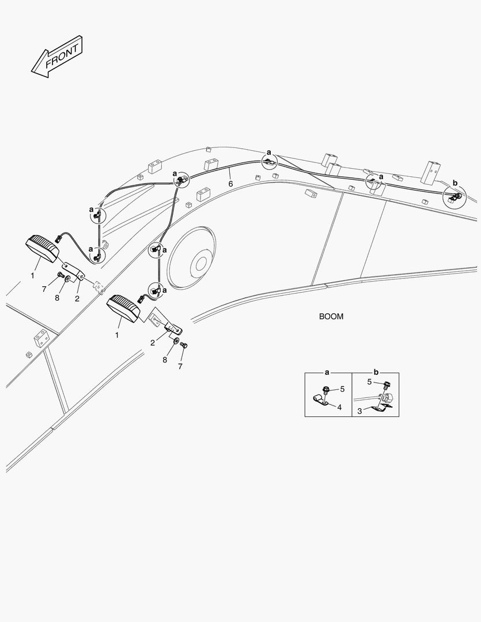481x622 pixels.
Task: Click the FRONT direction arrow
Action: pos(57,56)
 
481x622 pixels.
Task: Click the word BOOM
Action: pos(331,317)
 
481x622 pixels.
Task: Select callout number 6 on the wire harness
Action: pos(230,184)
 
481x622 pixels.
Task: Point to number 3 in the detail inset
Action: pos(359,411)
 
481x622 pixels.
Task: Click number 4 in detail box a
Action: pos(339,407)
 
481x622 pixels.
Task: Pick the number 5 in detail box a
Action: pos(342,389)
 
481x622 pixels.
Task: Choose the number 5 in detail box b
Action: pos(369,382)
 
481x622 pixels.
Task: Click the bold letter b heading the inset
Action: pos(376,373)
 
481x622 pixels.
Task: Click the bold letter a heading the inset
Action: pos(327,373)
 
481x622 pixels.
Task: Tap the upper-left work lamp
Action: pos(42,248)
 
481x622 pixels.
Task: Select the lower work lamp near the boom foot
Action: pos(123,308)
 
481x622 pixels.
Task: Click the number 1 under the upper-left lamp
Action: pos(32,275)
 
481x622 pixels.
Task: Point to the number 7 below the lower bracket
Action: pos(180,366)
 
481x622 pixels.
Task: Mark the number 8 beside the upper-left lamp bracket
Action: pos(57,298)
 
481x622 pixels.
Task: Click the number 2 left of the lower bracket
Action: pos(153,343)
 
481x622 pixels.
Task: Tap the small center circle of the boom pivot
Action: pos(201,263)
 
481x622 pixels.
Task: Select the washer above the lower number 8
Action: pos(175,341)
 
